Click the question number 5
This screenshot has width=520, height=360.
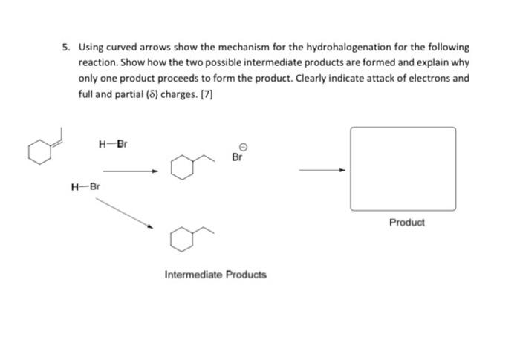pos(66,46)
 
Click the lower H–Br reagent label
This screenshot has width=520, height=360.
pos(82,186)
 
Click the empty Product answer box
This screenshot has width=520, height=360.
pos(403,168)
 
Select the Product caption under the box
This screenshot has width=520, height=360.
pos(407,222)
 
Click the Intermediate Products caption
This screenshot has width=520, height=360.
pos(215,275)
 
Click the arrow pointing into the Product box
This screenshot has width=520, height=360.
pos(322,170)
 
